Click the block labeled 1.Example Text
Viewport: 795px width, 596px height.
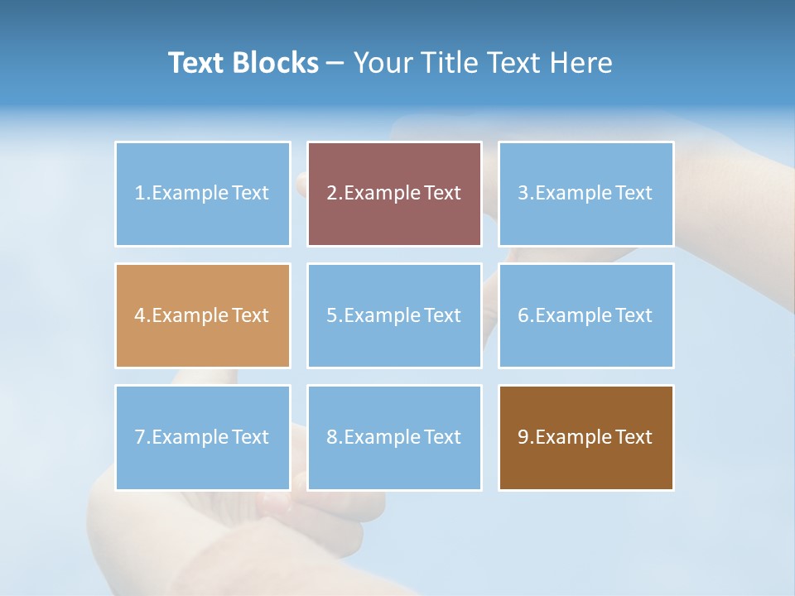[x=202, y=194]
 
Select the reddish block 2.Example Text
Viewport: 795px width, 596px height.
[x=394, y=194]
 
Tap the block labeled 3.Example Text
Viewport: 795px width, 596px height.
[x=585, y=194]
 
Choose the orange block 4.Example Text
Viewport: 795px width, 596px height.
[x=202, y=315]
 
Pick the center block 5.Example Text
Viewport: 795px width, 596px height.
[x=394, y=315]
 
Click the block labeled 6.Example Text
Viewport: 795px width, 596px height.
[x=585, y=315]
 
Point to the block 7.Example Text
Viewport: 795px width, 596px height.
[x=202, y=437]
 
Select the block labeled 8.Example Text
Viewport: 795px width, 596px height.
[x=394, y=437]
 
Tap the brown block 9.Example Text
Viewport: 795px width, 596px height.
[x=585, y=437]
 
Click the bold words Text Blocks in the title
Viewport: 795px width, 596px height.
[x=243, y=63]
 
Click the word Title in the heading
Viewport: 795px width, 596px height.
[x=449, y=63]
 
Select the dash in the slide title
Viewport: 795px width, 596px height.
[x=335, y=63]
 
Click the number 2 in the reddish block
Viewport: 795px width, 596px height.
[x=331, y=194]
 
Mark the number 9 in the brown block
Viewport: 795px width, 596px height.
[x=523, y=437]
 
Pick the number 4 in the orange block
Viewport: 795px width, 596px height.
[x=140, y=315]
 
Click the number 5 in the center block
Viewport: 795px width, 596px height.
[x=331, y=315]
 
